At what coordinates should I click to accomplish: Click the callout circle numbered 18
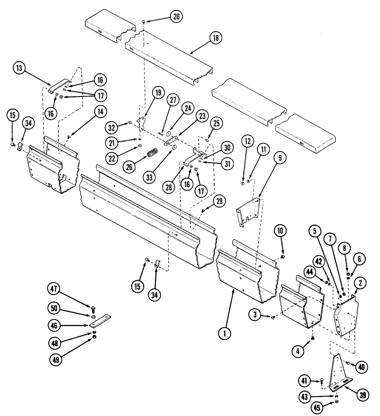point(215,38)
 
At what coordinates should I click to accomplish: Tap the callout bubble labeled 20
point(176,17)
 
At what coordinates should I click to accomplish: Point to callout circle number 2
point(360,283)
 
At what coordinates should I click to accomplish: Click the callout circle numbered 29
point(219,202)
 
